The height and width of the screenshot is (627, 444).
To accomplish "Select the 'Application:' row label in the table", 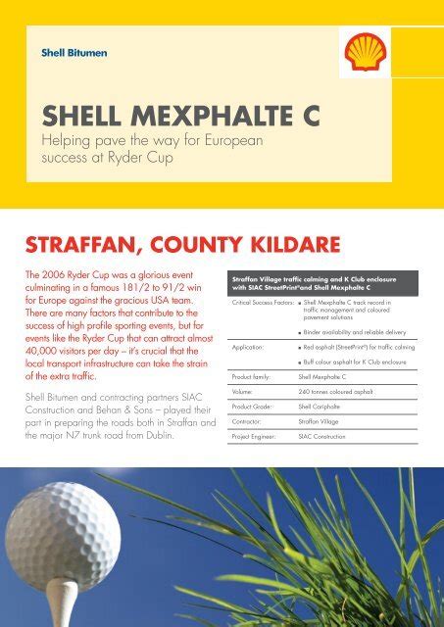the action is click(248, 347).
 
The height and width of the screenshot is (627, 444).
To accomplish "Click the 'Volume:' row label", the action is click(242, 391).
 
